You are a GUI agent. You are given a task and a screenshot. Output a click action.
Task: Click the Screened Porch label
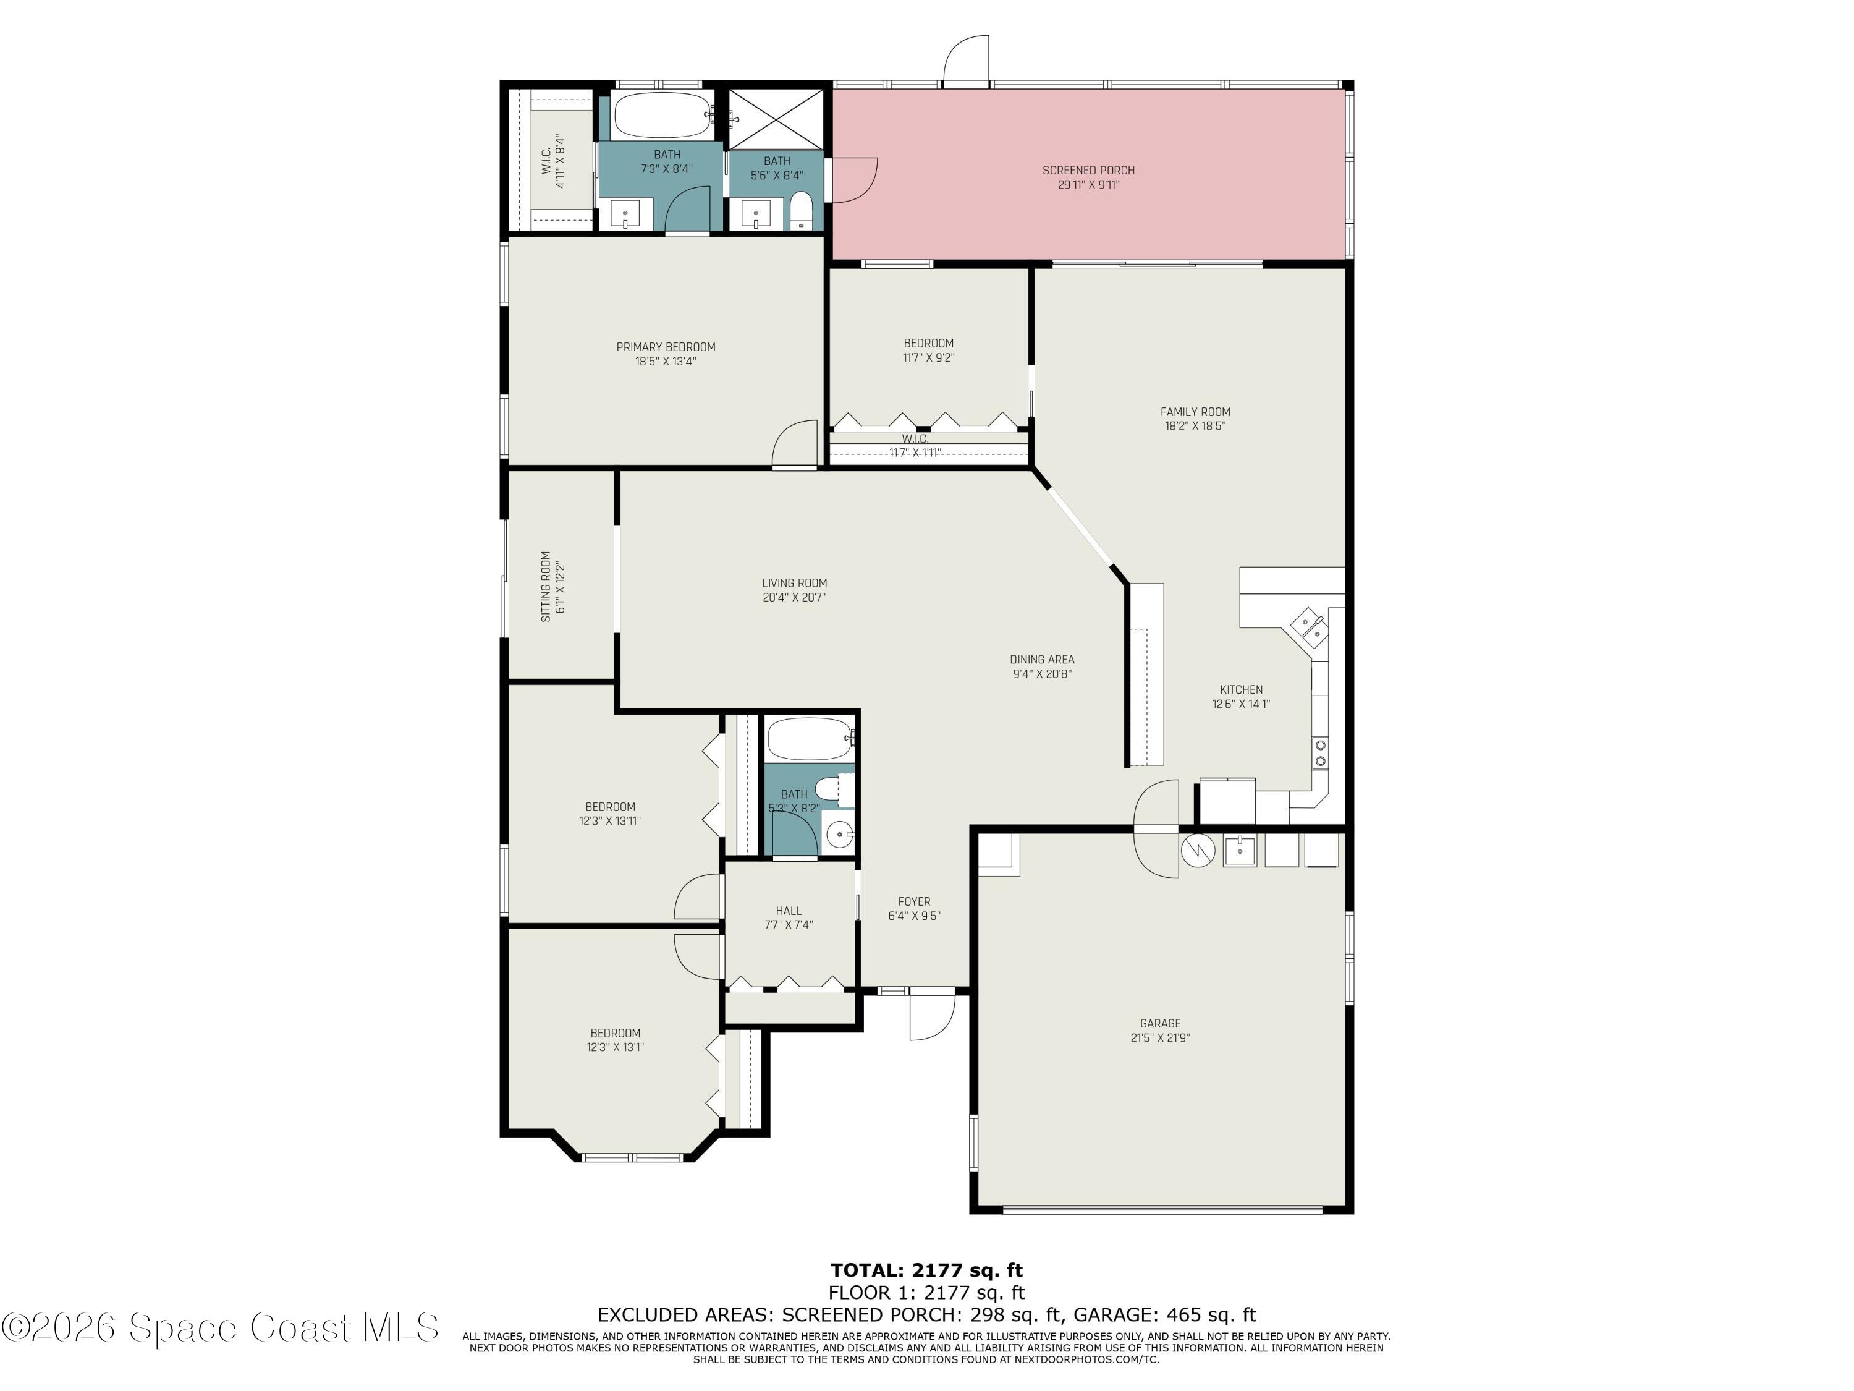1088,170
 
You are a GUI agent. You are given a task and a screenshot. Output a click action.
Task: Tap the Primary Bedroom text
666,347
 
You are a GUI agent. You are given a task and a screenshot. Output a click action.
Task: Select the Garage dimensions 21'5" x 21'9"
1160,1037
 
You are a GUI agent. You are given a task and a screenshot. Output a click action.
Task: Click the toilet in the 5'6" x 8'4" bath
802,210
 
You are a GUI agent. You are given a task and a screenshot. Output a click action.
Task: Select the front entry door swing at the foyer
931,1016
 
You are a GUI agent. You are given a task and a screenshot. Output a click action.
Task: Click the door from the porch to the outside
967,61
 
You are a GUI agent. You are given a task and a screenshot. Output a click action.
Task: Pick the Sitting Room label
546,586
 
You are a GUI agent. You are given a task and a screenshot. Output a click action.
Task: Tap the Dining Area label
1042,659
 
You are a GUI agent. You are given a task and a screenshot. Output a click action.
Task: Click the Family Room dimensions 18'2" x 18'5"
1195,426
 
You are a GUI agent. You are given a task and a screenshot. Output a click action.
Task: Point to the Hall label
788,911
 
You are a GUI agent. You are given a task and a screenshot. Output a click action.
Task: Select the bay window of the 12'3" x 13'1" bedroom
633,1158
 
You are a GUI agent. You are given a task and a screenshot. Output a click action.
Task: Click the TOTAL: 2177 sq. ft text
926,1270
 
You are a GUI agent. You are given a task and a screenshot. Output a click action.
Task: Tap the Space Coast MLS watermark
219,1327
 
